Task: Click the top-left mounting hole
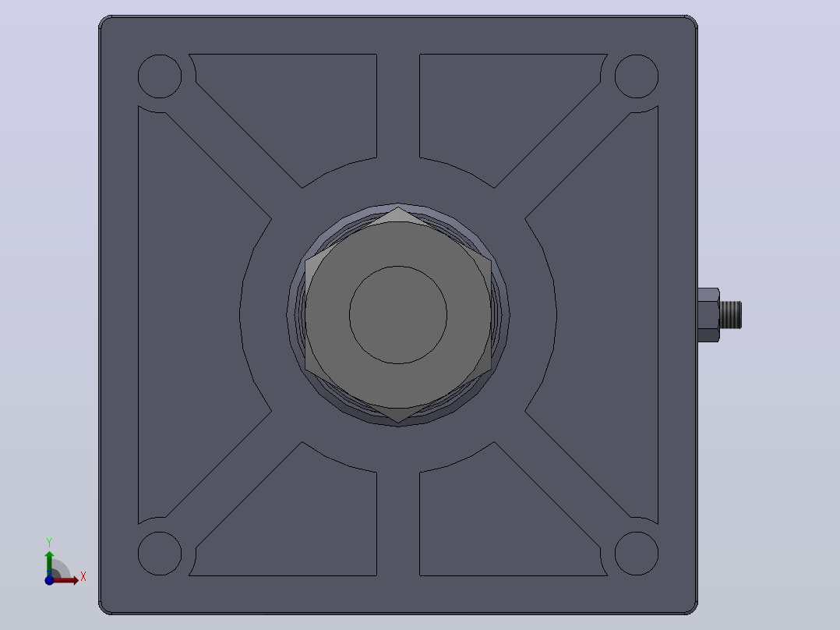point(160,76)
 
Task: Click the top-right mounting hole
point(637,76)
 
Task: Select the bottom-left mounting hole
point(160,554)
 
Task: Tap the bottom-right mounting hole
point(637,554)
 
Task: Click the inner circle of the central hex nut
point(398,315)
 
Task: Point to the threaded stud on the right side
point(731,315)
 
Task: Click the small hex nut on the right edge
point(708,315)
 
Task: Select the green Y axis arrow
point(49,564)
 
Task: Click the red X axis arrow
point(64,580)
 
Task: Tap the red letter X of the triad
point(83,577)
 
